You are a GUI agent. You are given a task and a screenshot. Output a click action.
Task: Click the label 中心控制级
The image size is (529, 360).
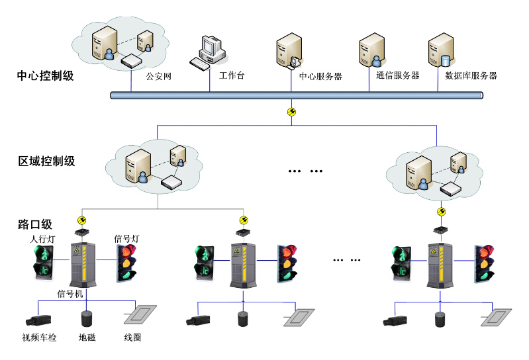[45, 75]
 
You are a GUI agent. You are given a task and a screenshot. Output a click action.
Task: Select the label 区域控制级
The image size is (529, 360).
[46, 161]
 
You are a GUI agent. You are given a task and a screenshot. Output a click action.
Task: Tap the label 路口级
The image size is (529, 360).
[34, 224]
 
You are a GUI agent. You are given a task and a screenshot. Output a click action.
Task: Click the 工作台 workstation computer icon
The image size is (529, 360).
[207, 52]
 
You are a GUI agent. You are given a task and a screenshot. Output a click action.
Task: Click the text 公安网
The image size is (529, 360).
[159, 77]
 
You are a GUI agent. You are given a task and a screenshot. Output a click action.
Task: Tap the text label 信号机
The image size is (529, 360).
[70, 293]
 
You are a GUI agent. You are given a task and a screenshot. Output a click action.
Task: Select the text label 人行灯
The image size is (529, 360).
[42, 238]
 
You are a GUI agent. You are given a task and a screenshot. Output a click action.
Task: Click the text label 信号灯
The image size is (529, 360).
[126, 238]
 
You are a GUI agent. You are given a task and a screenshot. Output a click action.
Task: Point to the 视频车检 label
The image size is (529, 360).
[39, 338]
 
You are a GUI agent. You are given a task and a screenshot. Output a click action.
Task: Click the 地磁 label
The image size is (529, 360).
[87, 338]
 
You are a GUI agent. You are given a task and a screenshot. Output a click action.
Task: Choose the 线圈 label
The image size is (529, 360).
[132, 338]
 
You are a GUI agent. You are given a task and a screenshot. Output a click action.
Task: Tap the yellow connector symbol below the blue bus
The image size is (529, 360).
[291, 112]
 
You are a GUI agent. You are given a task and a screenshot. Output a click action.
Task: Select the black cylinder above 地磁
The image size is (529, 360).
[85, 318]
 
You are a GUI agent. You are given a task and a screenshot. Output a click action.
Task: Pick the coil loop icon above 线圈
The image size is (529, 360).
[140, 314]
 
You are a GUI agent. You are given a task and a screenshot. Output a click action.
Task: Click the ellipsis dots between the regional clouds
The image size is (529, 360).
[305, 171]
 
